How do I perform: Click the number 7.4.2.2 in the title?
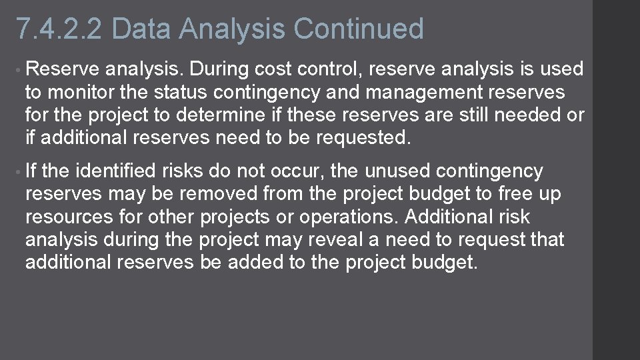tap(59, 29)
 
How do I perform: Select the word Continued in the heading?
tap(358, 29)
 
